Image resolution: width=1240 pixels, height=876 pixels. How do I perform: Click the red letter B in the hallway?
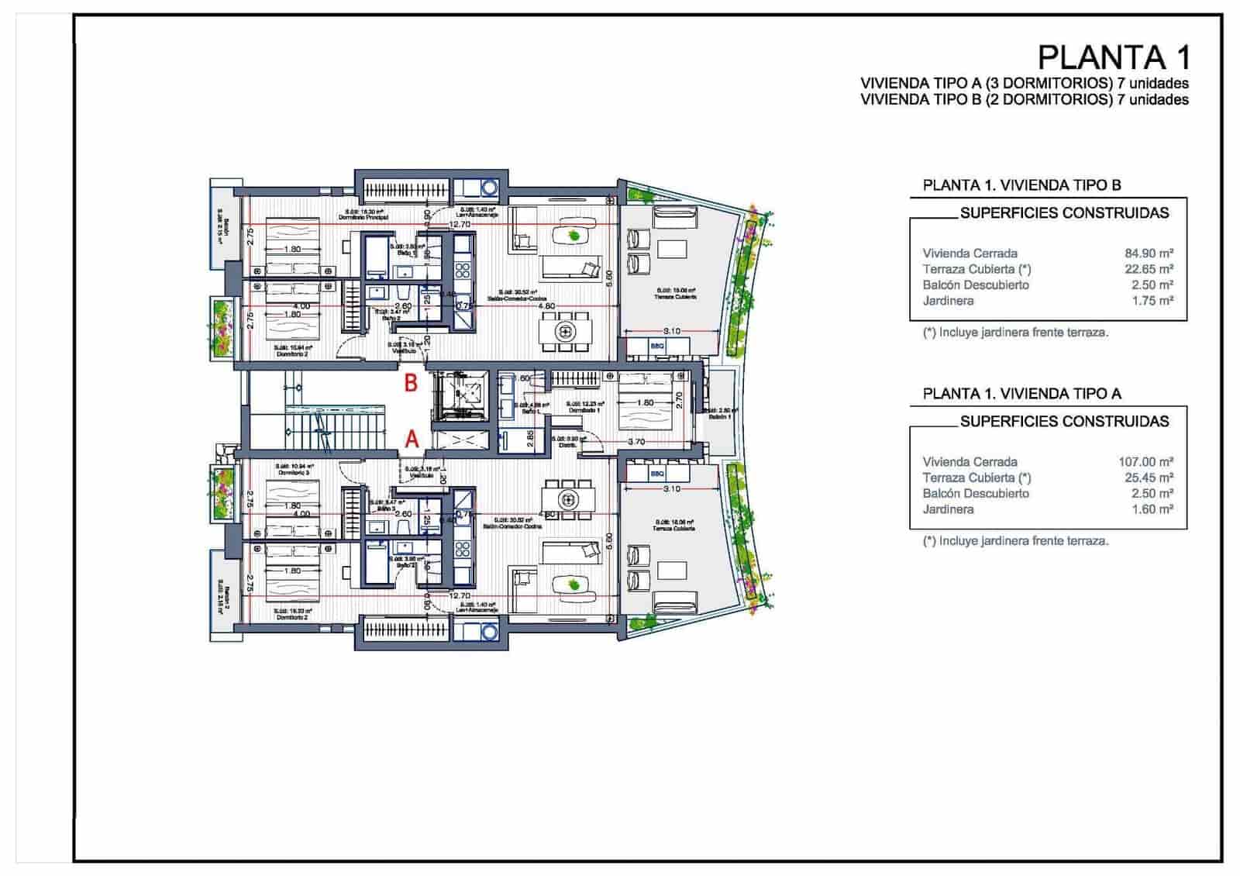coord(412,382)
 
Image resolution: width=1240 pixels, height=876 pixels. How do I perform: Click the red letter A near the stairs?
coord(412,439)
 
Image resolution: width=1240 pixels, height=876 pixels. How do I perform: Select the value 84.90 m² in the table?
coord(1149,253)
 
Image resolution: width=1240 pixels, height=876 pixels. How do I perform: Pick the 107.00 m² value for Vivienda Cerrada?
coord(1145,461)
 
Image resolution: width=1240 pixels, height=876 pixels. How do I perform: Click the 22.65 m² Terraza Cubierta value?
coord(1149,269)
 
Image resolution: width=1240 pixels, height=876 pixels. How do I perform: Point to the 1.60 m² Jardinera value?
coord(1152,509)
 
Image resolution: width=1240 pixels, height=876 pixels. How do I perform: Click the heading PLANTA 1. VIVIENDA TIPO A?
coord(1021,394)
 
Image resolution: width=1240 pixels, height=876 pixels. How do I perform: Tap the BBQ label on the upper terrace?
coord(657,346)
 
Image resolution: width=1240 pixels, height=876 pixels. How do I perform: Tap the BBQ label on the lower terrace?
coord(657,474)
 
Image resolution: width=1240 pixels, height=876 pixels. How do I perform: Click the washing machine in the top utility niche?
coord(489,188)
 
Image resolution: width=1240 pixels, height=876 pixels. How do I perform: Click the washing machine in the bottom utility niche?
coord(489,632)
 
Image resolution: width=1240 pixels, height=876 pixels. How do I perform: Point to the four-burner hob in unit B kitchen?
coord(463,270)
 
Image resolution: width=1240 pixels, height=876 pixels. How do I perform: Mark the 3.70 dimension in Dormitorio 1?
coord(636,441)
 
